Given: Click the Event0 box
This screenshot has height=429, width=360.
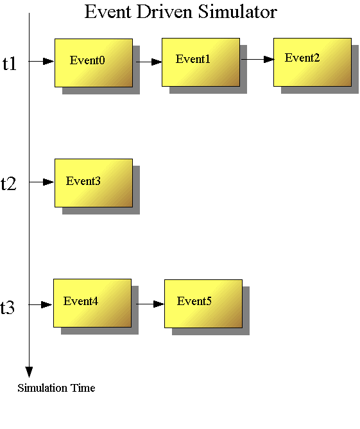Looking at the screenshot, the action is (x=94, y=63).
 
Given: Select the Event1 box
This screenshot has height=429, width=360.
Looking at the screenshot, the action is (x=201, y=62).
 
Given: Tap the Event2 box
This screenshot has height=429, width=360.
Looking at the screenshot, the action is (x=313, y=62).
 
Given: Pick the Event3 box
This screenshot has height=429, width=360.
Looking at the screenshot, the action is (x=94, y=183).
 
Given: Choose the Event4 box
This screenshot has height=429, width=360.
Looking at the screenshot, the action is (x=92, y=303).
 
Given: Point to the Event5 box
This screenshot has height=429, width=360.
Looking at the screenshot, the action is (x=203, y=304).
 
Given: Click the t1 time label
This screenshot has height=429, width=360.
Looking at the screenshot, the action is (x=10, y=64).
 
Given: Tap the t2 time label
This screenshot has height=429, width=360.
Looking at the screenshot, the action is (x=8, y=184).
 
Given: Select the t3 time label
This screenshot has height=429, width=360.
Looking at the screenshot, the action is (x=7, y=307).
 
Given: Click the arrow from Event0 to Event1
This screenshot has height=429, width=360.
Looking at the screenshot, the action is (x=149, y=62).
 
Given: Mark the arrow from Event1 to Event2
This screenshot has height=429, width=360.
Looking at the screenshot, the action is (x=258, y=59).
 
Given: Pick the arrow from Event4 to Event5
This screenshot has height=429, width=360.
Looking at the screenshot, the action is (x=150, y=304).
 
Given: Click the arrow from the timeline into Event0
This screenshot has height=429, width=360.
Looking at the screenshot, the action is (x=42, y=61).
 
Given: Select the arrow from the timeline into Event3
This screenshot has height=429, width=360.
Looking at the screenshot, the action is (x=42, y=182).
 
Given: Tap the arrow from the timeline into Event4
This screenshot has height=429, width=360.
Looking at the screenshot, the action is (x=40, y=304).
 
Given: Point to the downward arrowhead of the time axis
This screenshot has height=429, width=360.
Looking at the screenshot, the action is (x=29, y=372).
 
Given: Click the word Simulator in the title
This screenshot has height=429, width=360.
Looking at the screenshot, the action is (x=237, y=12).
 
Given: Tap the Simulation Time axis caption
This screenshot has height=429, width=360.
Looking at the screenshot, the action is (x=56, y=388).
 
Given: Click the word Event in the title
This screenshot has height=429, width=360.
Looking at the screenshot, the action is (x=108, y=12).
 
